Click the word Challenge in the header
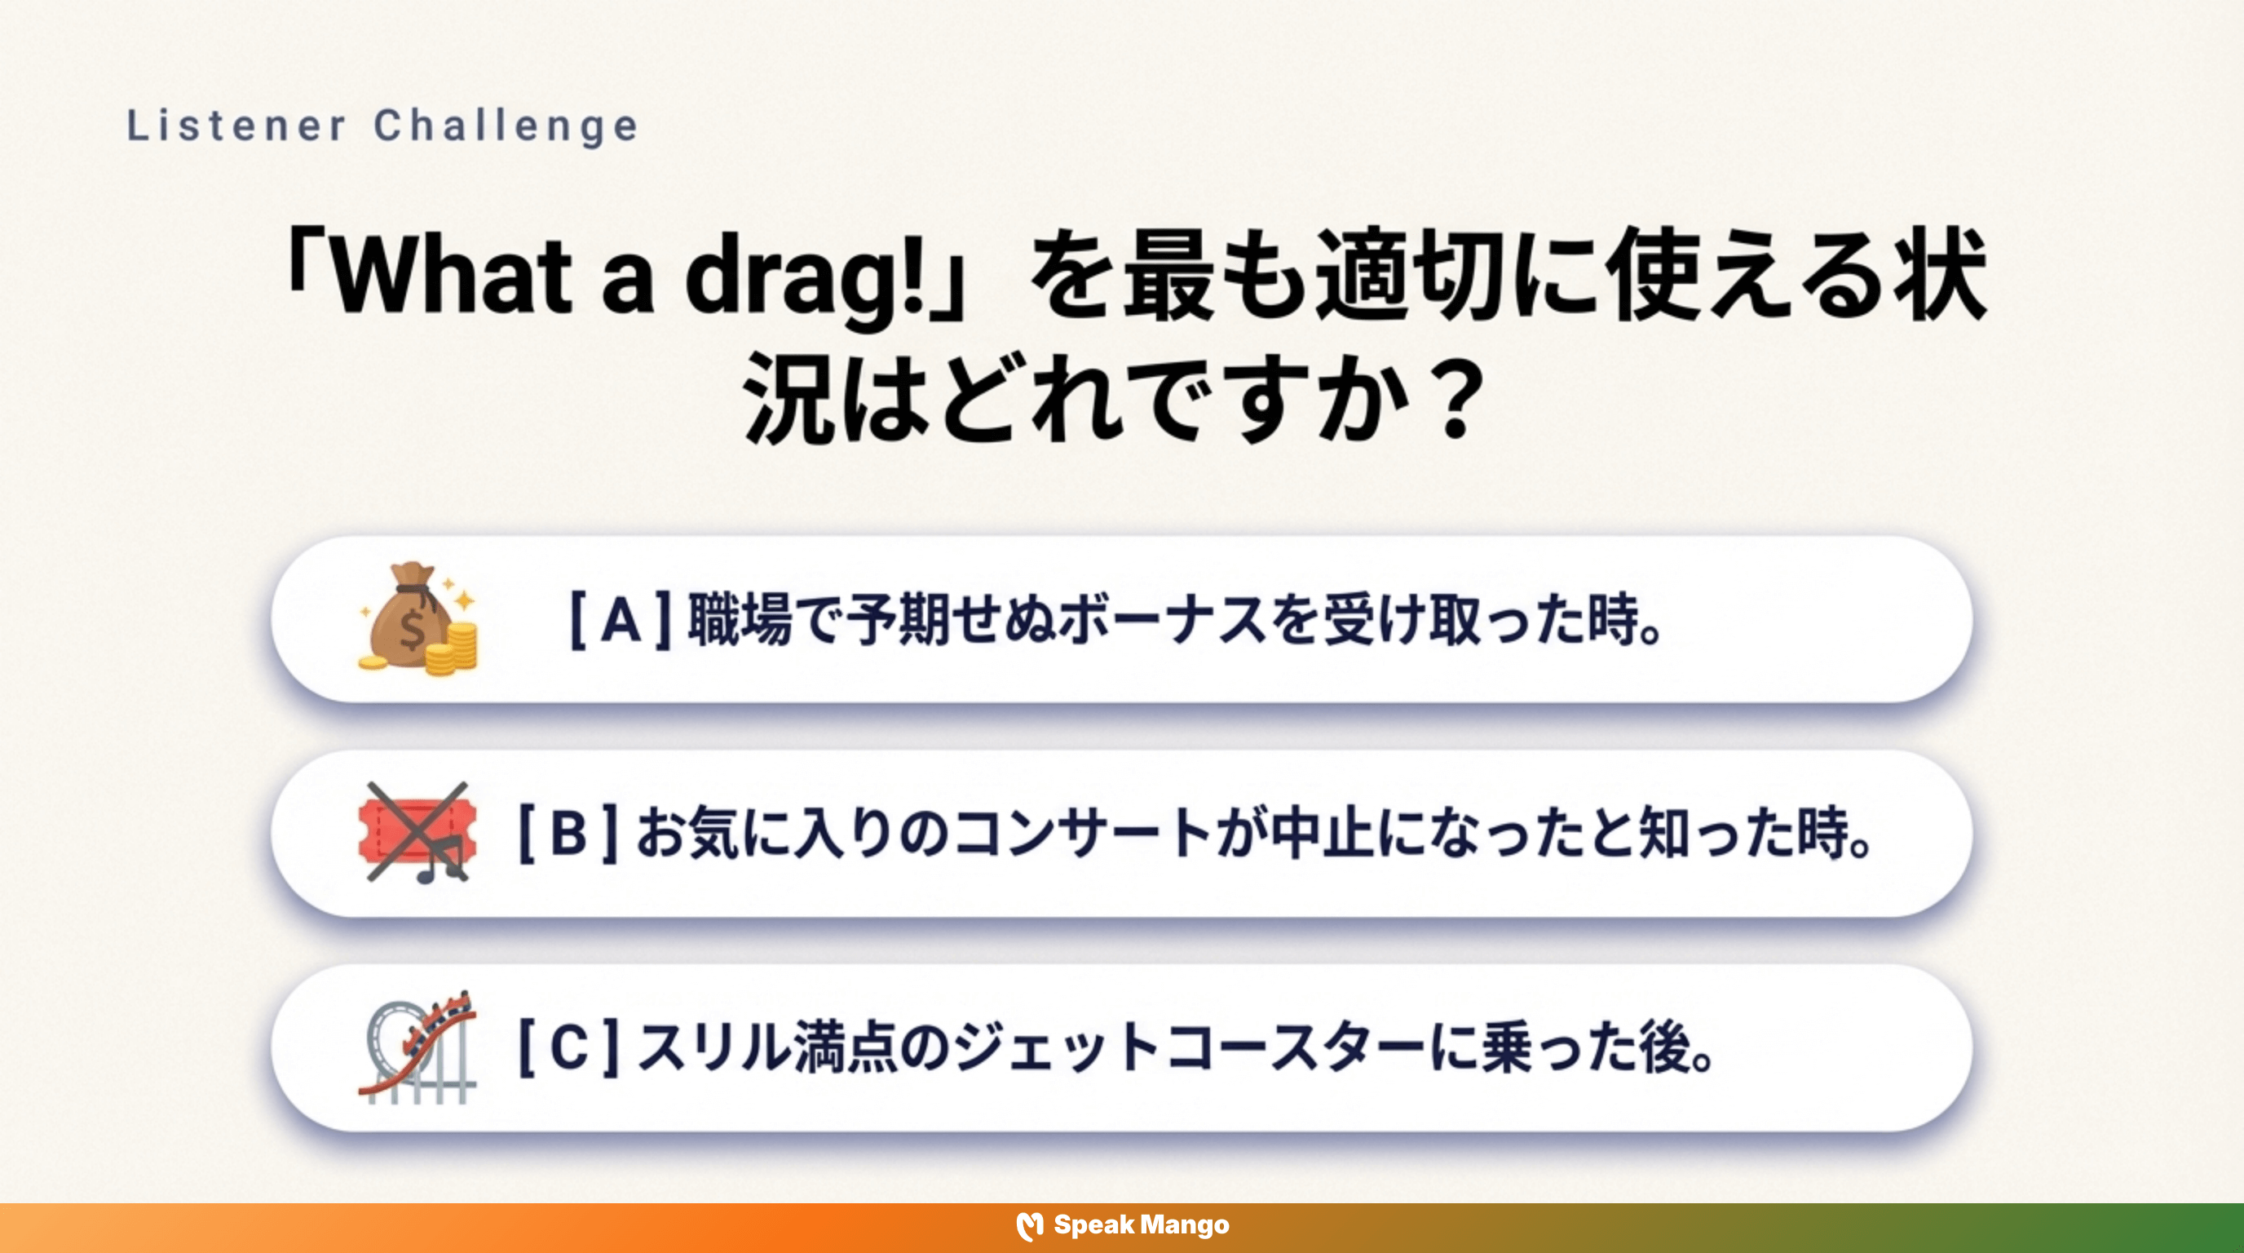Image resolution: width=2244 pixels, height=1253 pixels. click(507, 126)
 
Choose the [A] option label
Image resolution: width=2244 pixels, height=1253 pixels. click(621, 621)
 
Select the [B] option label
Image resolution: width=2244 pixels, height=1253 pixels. click(568, 833)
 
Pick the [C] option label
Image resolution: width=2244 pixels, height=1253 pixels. click(568, 1047)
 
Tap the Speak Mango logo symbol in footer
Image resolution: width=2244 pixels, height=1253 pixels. click(1030, 1226)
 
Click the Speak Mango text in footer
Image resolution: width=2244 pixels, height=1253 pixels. click(1142, 1225)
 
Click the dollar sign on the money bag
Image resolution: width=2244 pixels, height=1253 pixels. click(411, 629)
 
